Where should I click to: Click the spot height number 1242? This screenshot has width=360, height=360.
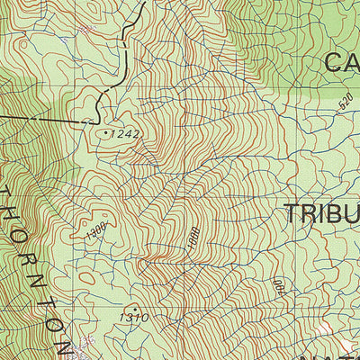click(x=128, y=134)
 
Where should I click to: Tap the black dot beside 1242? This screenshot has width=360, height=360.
click(x=107, y=132)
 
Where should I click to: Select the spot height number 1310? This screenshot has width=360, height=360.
click(x=132, y=318)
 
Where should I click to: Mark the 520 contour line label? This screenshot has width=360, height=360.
click(x=346, y=102)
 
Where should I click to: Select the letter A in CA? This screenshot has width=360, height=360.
click(x=354, y=62)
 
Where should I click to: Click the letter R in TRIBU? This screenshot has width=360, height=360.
click(x=312, y=214)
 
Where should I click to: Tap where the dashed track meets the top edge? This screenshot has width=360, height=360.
click(x=143, y=2)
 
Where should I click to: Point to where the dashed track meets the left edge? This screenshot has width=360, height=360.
click(x=2, y=114)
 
